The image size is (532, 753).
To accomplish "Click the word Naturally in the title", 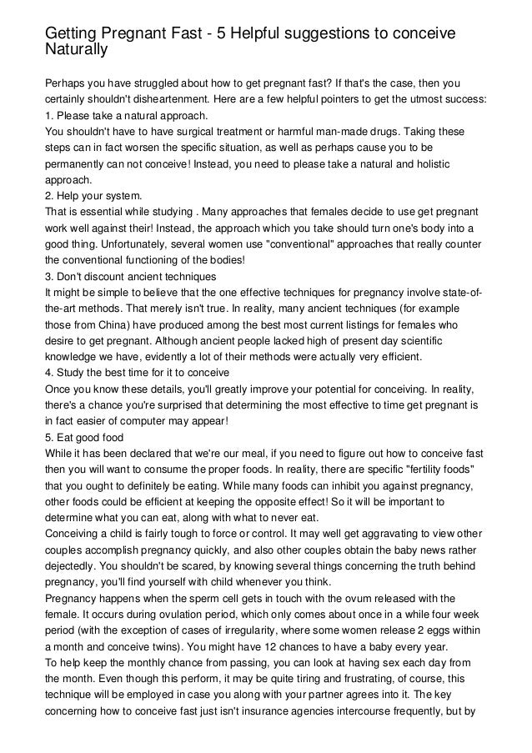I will [x=77, y=49].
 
